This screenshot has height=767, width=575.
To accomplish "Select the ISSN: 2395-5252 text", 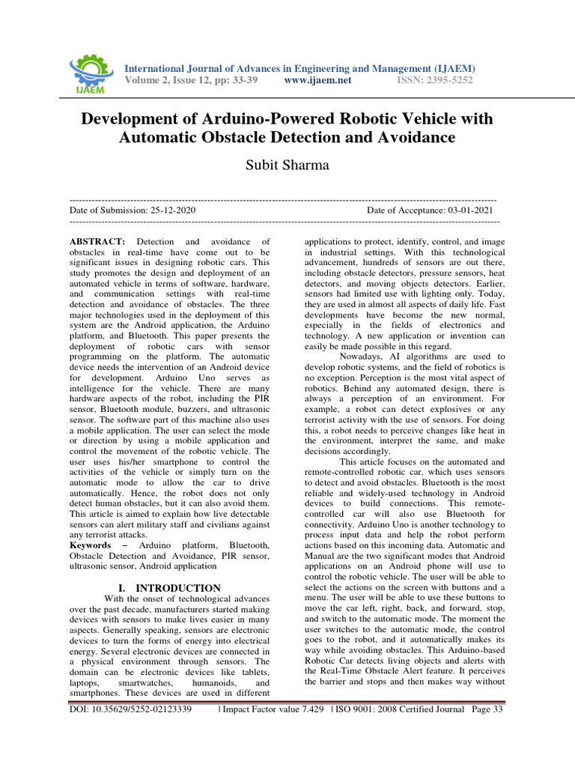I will [x=434, y=80].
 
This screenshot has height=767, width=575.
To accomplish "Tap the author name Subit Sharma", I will [x=287, y=165].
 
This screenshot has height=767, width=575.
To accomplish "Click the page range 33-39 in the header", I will [x=243, y=80].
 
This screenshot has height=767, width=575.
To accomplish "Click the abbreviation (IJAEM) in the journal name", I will [x=449, y=68].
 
